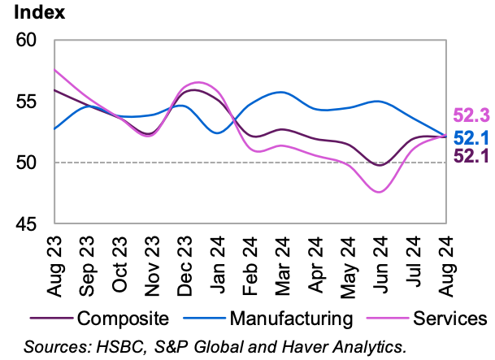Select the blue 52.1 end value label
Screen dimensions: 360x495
[470, 137]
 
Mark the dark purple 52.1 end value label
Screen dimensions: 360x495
[470, 156]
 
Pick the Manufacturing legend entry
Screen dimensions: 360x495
[289, 317]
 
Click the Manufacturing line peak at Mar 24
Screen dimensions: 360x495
[280, 92]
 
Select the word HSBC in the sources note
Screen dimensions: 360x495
[121, 346]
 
